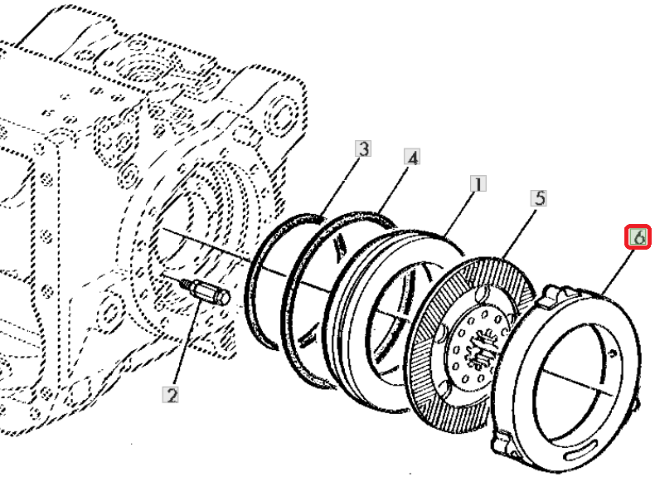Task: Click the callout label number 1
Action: coord(478,184)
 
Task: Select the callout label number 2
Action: coord(171,395)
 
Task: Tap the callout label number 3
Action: coord(363,148)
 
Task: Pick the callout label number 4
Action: coord(412,158)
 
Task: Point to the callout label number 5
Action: coord(539,197)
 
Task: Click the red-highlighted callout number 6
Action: coord(638,237)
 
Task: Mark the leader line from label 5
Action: coord(520,232)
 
